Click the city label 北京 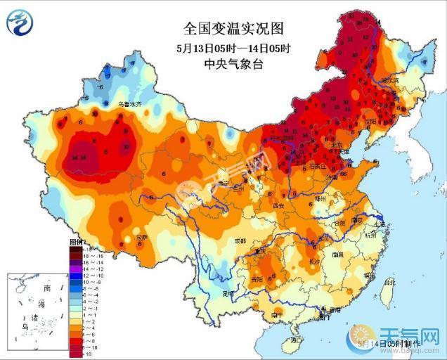335,146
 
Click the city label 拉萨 142,238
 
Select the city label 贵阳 265,279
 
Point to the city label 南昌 337,254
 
